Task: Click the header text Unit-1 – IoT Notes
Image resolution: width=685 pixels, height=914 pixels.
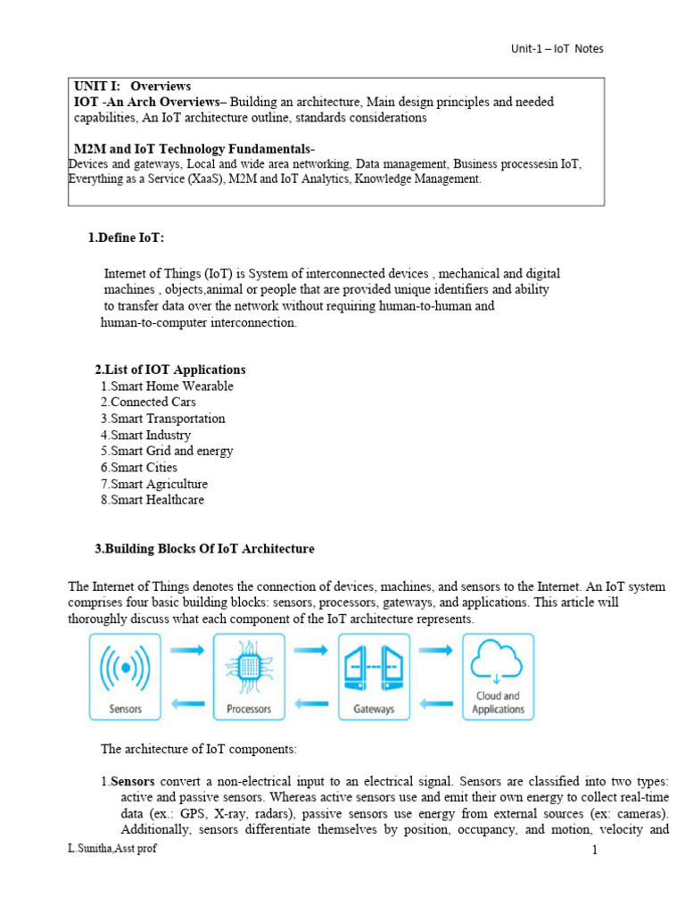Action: [551, 48]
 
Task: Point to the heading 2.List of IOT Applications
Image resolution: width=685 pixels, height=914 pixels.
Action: [169, 370]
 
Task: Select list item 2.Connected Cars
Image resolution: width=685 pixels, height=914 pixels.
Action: [148, 403]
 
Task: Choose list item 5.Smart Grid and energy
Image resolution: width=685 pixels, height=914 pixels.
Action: [167, 451]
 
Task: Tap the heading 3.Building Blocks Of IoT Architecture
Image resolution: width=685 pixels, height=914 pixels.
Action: [203, 549]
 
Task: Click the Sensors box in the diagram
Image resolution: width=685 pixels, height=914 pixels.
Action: [125, 677]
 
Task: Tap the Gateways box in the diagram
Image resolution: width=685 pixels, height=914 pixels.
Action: [374, 677]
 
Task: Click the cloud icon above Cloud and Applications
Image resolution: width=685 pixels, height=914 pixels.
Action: [498, 661]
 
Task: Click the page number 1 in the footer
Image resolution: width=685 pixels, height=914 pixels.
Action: [594, 851]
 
